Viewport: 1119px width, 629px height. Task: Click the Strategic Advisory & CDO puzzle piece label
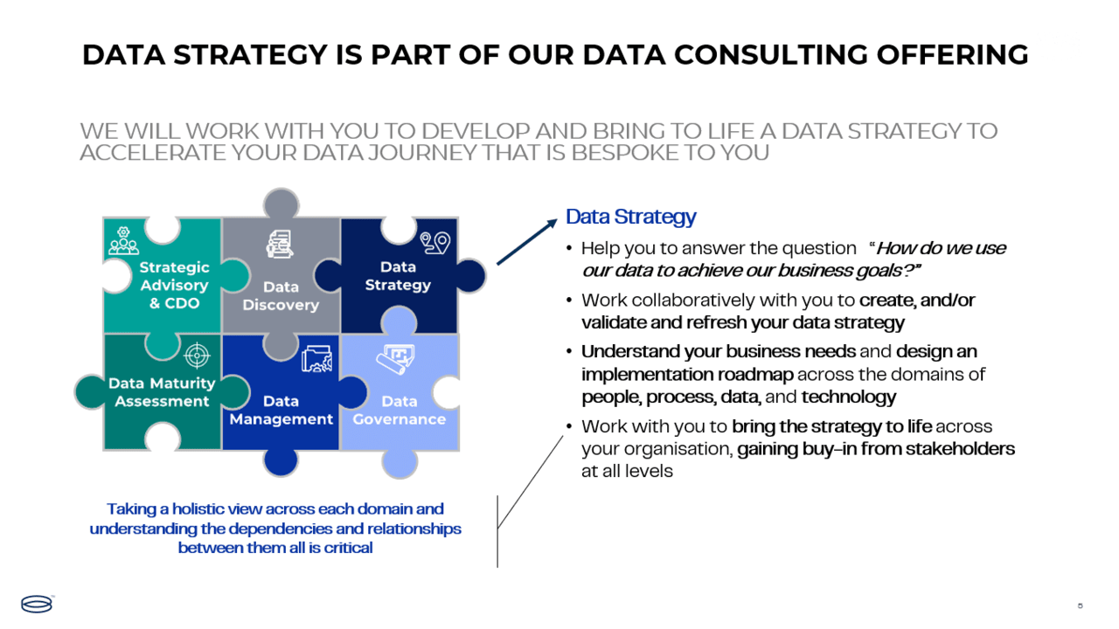pos(174,286)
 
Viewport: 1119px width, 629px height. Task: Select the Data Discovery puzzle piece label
pos(281,296)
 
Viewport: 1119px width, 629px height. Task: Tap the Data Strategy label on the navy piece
pos(398,276)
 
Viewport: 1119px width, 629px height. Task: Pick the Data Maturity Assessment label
pos(162,392)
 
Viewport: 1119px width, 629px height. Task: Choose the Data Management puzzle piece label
pos(281,411)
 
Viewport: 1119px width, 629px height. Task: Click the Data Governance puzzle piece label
pos(399,411)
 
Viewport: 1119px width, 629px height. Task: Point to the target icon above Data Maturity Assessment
pos(198,356)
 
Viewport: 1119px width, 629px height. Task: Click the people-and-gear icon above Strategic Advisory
pos(124,240)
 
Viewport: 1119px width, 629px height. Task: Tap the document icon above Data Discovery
pos(281,245)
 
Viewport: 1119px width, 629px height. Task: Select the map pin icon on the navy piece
pos(434,242)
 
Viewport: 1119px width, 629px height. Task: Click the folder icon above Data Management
pos(316,359)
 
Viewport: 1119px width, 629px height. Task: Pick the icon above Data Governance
pos(395,357)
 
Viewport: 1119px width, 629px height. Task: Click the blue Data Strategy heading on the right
pos(630,217)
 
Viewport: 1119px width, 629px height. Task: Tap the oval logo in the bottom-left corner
pos(37,604)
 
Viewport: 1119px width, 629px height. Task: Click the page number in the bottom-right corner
pos(1080,605)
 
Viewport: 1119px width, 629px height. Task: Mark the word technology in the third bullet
pos(848,397)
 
